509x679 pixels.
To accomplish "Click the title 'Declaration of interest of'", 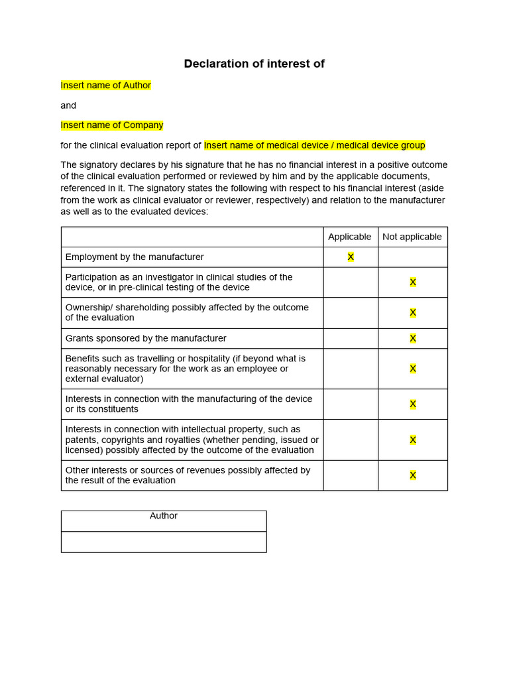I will click(254, 64).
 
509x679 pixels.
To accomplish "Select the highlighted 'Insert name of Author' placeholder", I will click(106, 86).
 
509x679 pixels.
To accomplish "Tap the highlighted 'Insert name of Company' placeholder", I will click(112, 125).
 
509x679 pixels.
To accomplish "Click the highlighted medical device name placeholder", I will click(314, 145).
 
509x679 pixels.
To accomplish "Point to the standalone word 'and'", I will click(68, 105).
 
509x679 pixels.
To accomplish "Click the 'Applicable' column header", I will click(350, 237).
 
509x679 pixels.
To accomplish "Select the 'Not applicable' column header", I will click(412, 237).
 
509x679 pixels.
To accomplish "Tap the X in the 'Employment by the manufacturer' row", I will click(351, 257).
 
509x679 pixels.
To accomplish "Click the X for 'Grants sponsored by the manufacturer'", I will click(412, 338).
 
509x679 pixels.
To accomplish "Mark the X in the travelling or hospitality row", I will click(412, 369).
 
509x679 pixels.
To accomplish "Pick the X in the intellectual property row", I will click(412, 440).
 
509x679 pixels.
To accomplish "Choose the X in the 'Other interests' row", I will click(412, 475).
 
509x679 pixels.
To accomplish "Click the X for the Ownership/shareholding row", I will click(412, 313).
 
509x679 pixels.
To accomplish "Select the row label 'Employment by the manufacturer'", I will click(135, 257).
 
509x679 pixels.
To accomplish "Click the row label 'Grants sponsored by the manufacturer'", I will click(146, 338).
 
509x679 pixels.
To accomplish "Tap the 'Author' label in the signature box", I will click(164, 516).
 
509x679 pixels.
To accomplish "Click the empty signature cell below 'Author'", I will click(164, 542).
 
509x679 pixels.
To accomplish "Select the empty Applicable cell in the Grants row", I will click(351, 338).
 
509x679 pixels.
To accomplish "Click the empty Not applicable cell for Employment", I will click(412, 257).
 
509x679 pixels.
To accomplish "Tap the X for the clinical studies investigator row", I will click(412, 282).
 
